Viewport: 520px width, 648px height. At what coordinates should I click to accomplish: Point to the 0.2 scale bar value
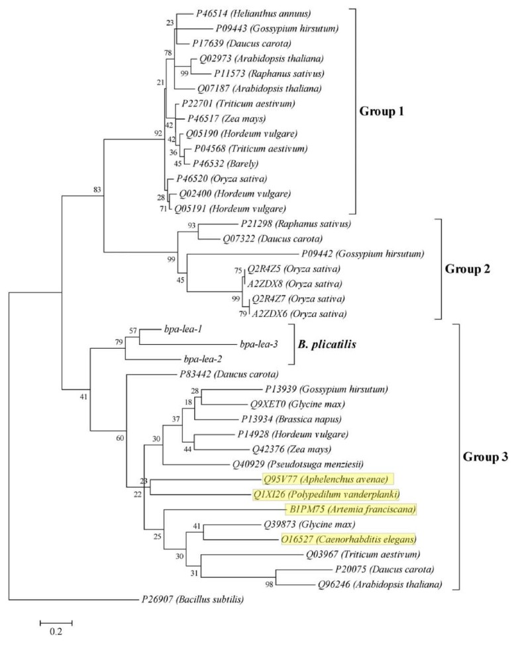pyautogui.click(x=55, y=631)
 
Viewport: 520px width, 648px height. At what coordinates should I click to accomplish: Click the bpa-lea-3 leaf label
pyautogui.click(x=257, y=344)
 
